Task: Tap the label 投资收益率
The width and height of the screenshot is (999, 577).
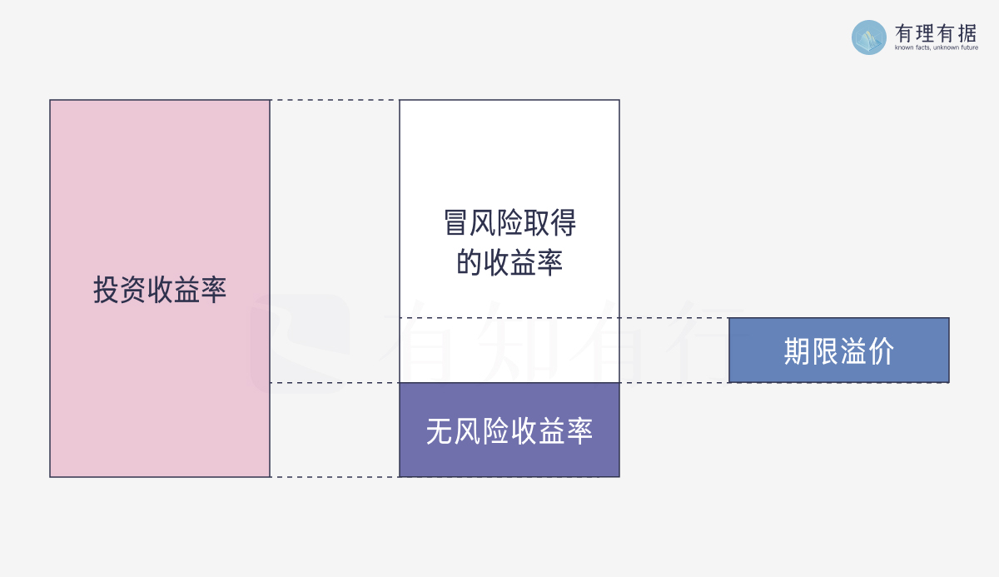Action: pos(160,290)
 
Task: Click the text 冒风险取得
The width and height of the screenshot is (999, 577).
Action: pos(509,223)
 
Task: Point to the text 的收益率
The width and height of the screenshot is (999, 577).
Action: pos(509,262)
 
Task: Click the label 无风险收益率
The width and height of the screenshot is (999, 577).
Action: pos(509,431)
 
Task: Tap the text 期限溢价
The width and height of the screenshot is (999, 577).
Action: pos(839,351)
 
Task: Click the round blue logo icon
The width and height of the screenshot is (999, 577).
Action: pos(869,37)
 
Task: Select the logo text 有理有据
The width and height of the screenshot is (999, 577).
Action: pos(936,33)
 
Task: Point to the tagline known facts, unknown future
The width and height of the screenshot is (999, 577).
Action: pos(936,47)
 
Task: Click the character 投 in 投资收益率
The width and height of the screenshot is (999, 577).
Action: pos(106,290)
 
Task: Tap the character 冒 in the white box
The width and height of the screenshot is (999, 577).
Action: pos(455,223)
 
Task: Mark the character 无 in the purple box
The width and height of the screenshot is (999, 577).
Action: pos(439,431)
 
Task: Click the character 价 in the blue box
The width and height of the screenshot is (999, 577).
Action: pos(881,351)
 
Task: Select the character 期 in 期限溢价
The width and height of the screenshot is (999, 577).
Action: pos(798,351)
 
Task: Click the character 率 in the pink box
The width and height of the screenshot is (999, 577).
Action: pos(214,290)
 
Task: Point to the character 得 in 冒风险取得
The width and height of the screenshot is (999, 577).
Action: pos(564,223)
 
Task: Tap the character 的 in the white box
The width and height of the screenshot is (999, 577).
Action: pos(469,262)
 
